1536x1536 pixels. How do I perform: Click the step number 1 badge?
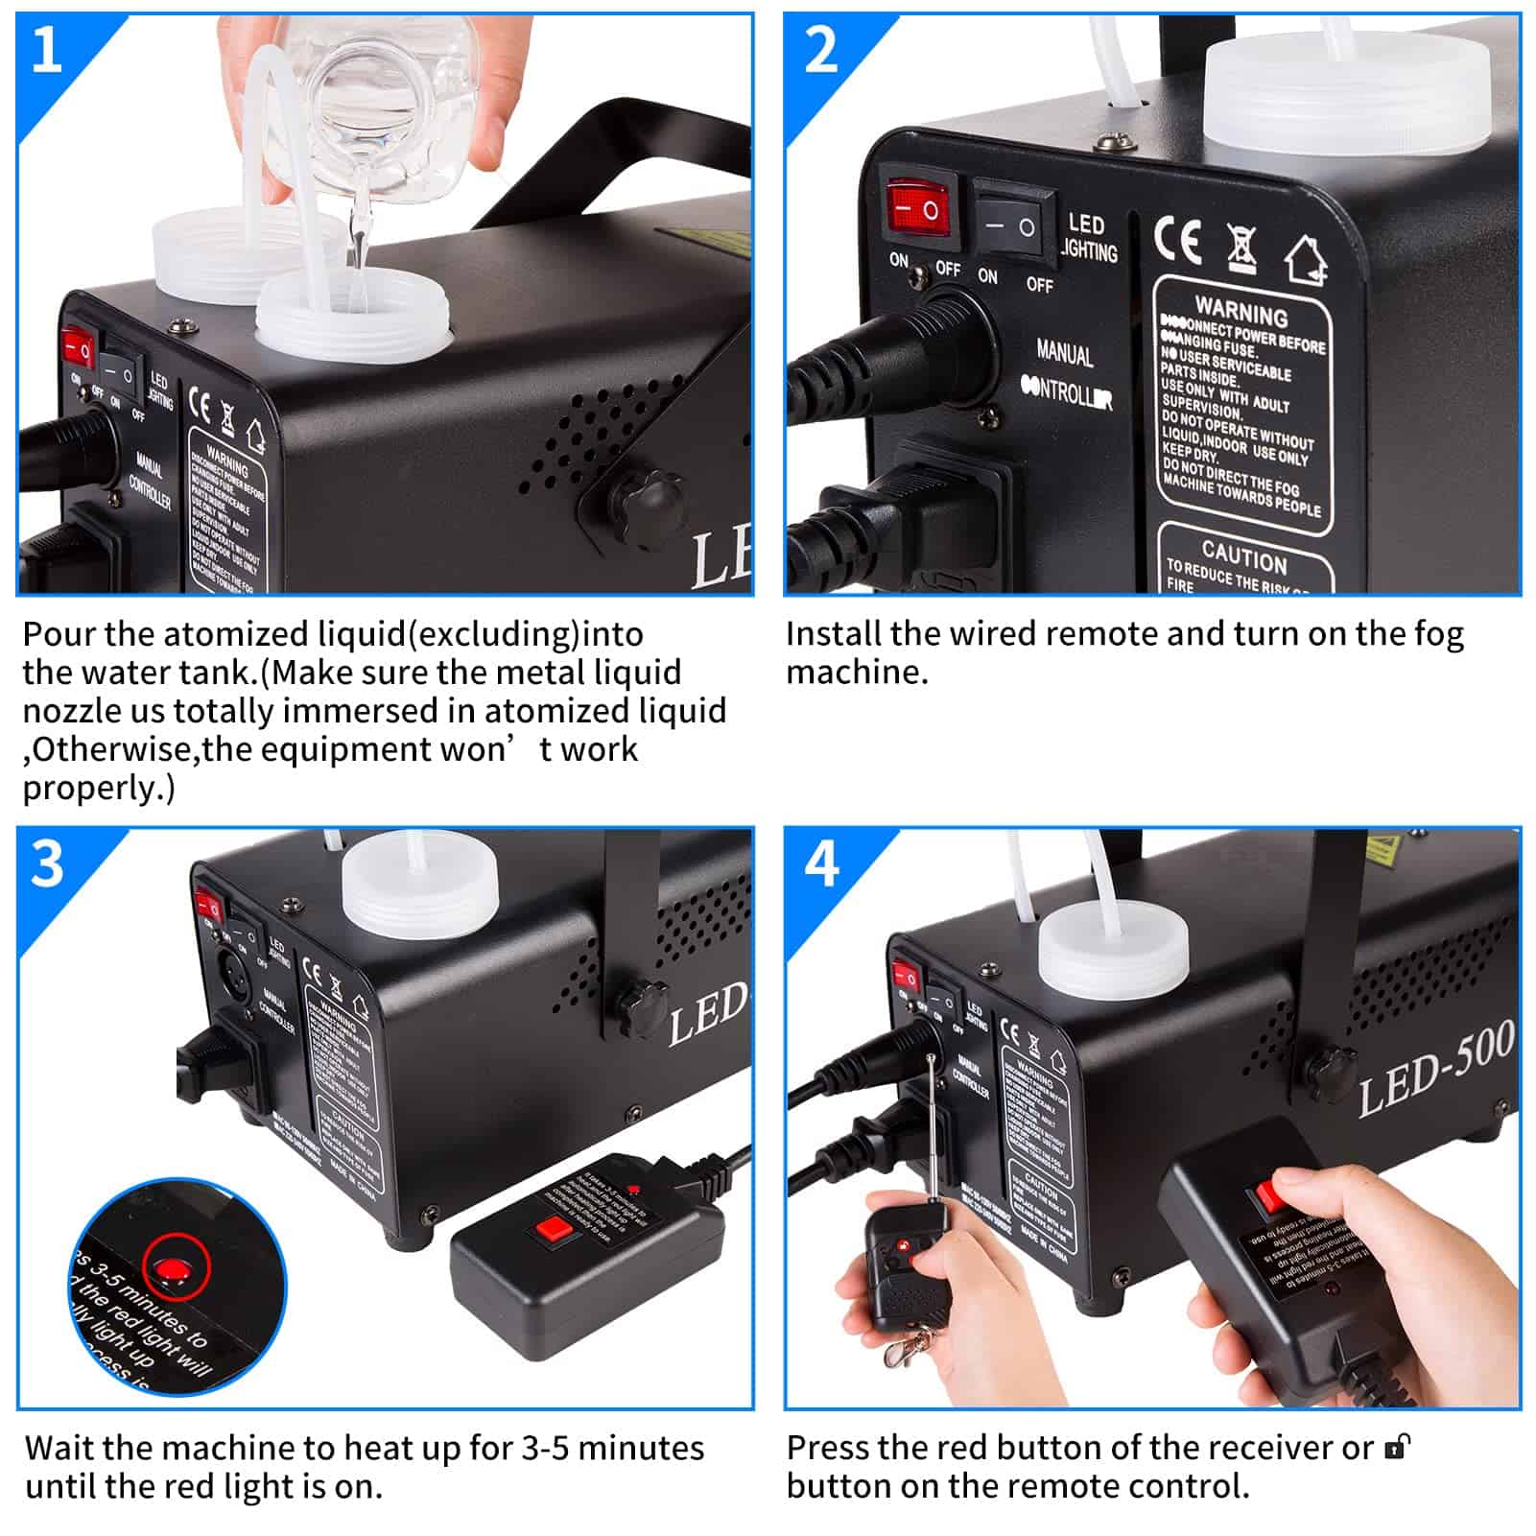tap(46, 50)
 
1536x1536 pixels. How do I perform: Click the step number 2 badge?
tap(819, 50)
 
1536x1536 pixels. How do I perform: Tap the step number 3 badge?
tap(46, 863)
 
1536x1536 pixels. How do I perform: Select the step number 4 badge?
tap(821, 863)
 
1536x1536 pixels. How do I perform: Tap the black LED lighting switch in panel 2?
tap(1010, 224)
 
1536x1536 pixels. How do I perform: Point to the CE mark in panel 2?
tap(1176, 239)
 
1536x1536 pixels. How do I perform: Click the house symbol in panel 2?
tap(1306, 260)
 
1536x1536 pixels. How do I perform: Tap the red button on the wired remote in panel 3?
tap(554, 1229)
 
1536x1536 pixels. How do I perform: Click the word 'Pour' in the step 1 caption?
tap(59, 634)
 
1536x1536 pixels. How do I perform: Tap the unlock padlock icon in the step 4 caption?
tap(1398, 1446)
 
